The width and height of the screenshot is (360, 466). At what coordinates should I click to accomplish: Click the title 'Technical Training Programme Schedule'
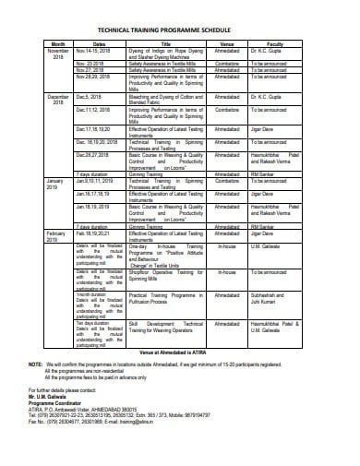click(x=180, y=28)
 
